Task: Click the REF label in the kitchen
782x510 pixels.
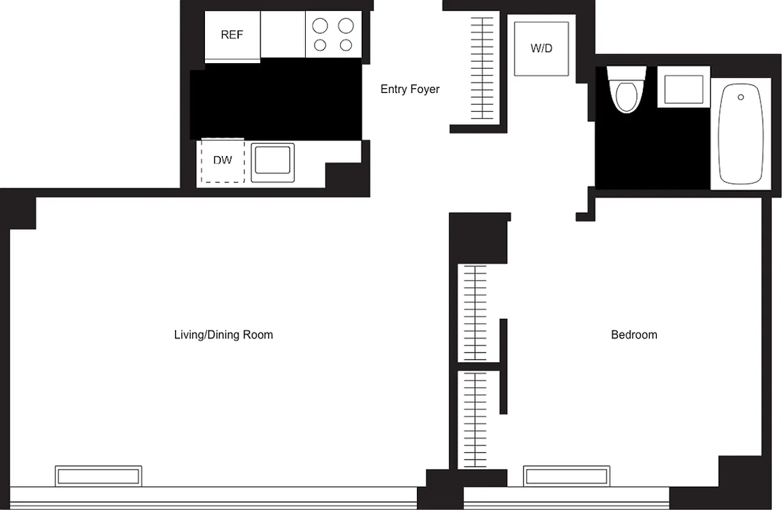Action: (x=232, y=35)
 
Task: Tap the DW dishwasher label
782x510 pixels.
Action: (x=222, y=161)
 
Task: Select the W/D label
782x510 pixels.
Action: (x=541, y=48)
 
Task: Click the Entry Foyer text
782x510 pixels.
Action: (x=410, y=89)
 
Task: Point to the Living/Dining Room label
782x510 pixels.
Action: (x=223, y=335)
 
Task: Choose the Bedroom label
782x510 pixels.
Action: (x=634, y=335)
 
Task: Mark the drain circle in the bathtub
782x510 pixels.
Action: (x=741, y=97)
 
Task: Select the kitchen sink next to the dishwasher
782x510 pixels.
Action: (x=273, y=163)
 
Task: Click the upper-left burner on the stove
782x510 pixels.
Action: (x=320, y=26)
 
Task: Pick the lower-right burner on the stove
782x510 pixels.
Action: (x=346, y=45)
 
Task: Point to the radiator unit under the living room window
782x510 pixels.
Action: (x=98, y=476)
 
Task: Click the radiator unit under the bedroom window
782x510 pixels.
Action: (x=566, y=476)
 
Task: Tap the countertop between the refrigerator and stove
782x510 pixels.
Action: (x=283, y=34)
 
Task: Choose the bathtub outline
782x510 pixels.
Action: (x=741, y=134)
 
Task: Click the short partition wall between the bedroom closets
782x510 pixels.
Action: (x=504, y=366)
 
